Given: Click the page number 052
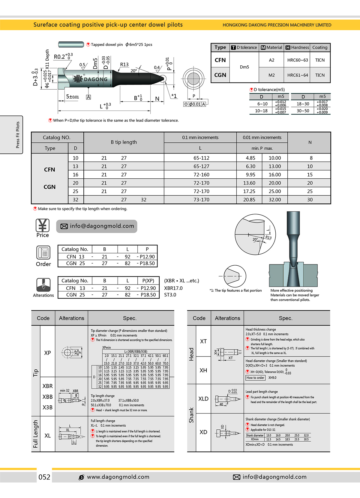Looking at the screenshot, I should (x=44, y=477).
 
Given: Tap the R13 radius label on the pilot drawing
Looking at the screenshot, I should (x=124, y=65).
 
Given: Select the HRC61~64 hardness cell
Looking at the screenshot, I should (x=297, y=75).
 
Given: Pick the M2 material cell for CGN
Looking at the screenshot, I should (x=271, y=75).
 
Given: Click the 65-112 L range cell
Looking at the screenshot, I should (x=201, y=158).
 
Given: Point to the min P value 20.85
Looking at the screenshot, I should (x=249, y=200).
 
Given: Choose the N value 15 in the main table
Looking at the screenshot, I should (x=310, y=174).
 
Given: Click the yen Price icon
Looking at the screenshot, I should (x=43, y=225).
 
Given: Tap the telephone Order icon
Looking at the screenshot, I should (x=43, y=252).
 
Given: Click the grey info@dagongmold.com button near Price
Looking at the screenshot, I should (x=97, y=226).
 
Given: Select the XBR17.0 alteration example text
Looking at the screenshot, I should (x=173, y=288).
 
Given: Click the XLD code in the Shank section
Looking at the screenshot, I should (x=203, y=399).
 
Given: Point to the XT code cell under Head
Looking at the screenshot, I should (x=203, y=341).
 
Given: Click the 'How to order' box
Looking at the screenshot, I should (x=255, y=378).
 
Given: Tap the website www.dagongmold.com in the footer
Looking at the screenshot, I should (x=118, y=477).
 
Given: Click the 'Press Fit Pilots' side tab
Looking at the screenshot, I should (x=18, y=135).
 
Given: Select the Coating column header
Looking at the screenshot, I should (x=319, y=47).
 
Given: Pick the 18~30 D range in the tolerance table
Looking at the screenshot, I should (x=303, y=104).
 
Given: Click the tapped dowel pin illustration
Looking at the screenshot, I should (x=71, y=45).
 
